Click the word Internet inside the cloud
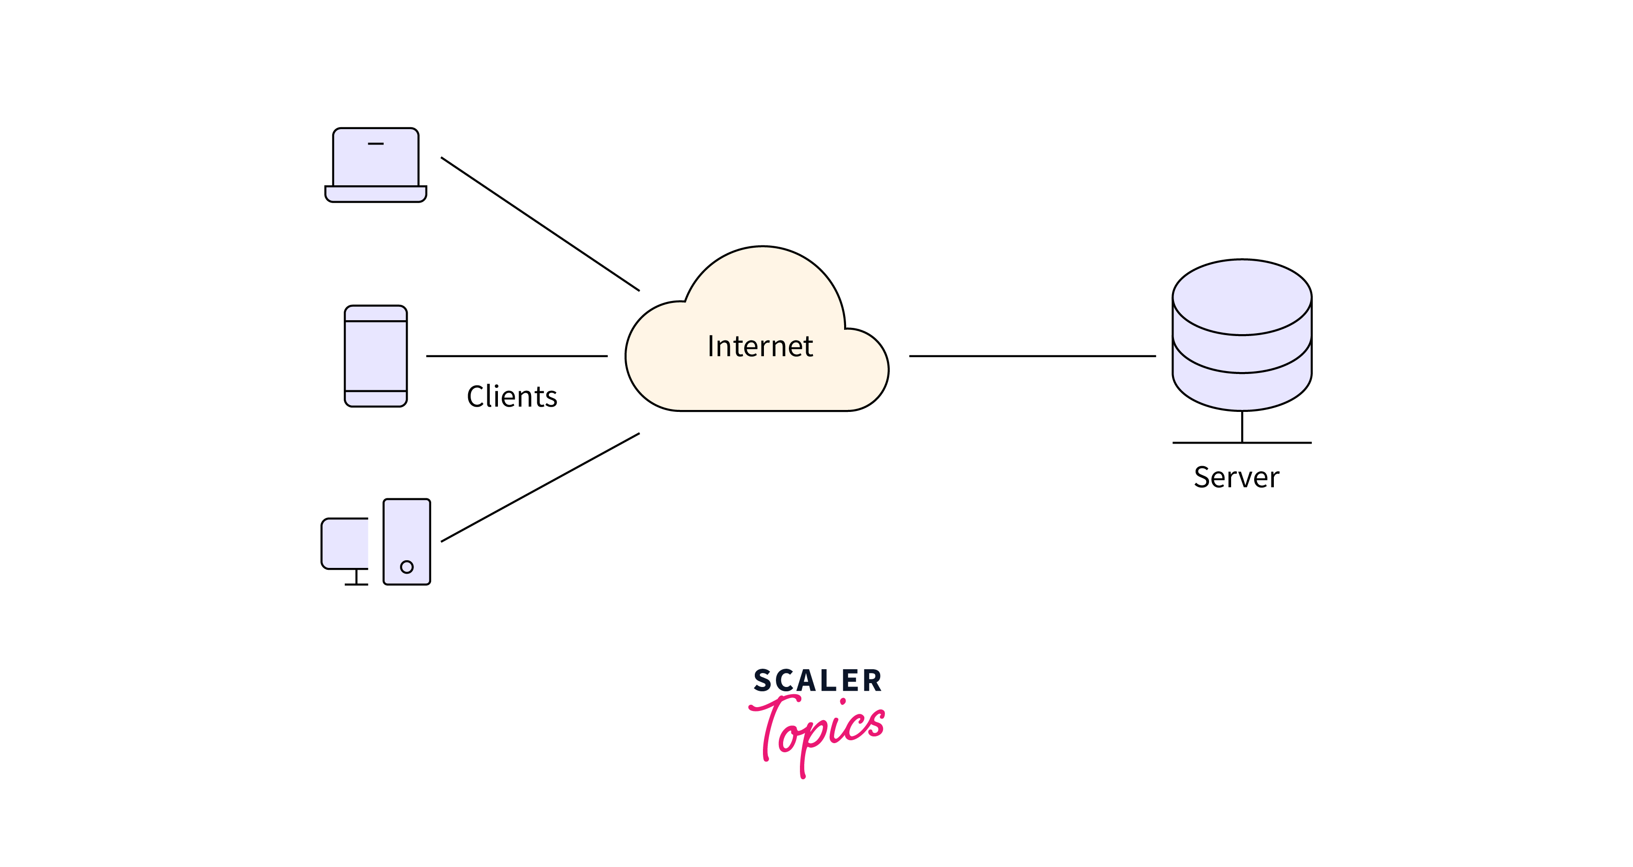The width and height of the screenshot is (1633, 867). [x=760, y=347]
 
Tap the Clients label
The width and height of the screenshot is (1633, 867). [x=511, y=397]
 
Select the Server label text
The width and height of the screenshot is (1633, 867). [x=1236, y=477]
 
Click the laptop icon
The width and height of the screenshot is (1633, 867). [x=375, y=165]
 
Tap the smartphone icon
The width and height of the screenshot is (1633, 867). [x=375, y=356]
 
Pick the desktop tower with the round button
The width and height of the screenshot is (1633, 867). [x=406, y=541]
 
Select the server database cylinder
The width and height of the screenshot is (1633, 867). [x=1241, y=355]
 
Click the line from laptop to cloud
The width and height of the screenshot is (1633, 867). [x=540, y=224]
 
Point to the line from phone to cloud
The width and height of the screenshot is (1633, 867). [x=517, y=356]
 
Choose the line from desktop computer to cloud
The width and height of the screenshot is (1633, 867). [x=540, y=487]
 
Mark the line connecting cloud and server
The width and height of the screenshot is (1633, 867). [x=1032, y=356]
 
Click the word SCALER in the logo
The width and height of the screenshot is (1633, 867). [x=817, y=681]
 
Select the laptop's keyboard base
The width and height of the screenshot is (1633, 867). [x=375, y=194]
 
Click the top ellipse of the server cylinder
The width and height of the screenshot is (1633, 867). [x=1241, y=297]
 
